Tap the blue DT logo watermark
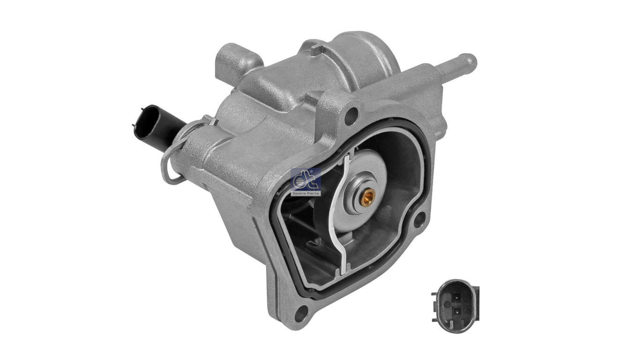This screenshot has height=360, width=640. point(306,178)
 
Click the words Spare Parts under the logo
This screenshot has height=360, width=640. point(306,193)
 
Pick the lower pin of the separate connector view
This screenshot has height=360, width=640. point(456,310)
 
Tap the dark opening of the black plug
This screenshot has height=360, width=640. point(137,123)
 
